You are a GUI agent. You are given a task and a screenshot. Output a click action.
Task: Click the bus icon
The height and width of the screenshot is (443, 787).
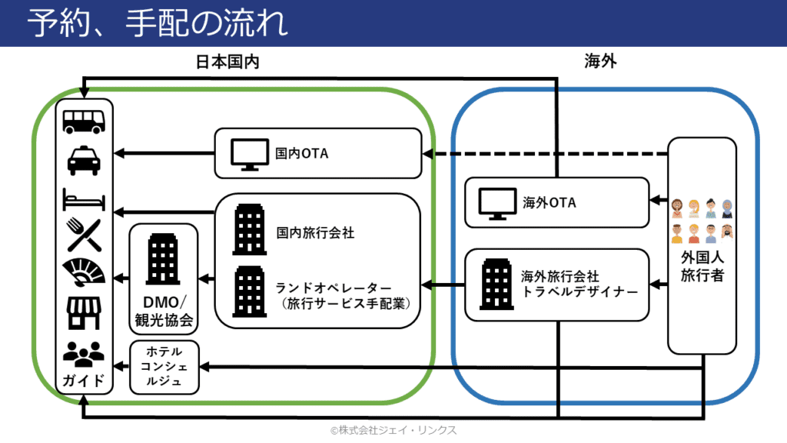point(84,122)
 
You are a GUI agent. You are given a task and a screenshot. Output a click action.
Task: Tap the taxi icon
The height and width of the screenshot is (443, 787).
point(84,160)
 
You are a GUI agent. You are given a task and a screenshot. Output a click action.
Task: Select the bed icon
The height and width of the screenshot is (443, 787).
point(84,199)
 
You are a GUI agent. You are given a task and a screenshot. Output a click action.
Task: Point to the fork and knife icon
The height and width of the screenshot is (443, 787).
point(84,235)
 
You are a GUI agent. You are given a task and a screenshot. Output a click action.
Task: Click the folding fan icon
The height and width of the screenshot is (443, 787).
point(84,272)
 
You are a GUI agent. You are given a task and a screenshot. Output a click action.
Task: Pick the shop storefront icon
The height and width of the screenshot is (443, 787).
point(84,313)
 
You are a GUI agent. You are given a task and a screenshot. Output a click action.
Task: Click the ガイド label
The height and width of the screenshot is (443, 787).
point(84,380)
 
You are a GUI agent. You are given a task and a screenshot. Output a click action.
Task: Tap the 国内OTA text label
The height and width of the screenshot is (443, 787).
point(301,153)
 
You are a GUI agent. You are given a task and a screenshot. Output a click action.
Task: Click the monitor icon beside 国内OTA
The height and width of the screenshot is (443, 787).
point(250,155)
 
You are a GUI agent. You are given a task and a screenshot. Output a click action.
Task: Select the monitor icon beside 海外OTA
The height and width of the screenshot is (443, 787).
point(497,204)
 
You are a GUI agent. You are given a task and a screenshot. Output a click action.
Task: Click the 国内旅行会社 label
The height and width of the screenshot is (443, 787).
point(315,232)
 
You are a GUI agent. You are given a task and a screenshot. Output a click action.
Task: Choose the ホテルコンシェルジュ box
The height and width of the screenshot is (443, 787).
point(164,367)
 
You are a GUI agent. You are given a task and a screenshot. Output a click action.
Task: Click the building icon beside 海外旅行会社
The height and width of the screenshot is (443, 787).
point(496,284)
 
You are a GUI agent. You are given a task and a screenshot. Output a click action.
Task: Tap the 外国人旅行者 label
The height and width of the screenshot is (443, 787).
point(702,267)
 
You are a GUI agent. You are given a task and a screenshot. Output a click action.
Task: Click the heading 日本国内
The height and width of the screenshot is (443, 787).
point(227,62)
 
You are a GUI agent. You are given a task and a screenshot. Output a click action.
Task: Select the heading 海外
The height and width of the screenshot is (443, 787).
point(600,62)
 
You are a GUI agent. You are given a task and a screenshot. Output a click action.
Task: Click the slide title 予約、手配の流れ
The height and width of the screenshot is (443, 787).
point(157,23)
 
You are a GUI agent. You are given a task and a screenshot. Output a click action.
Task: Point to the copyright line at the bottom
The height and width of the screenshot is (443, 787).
point(393,431)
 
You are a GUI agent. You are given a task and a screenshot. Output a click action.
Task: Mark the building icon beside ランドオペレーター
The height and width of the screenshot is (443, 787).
point(250,291)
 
